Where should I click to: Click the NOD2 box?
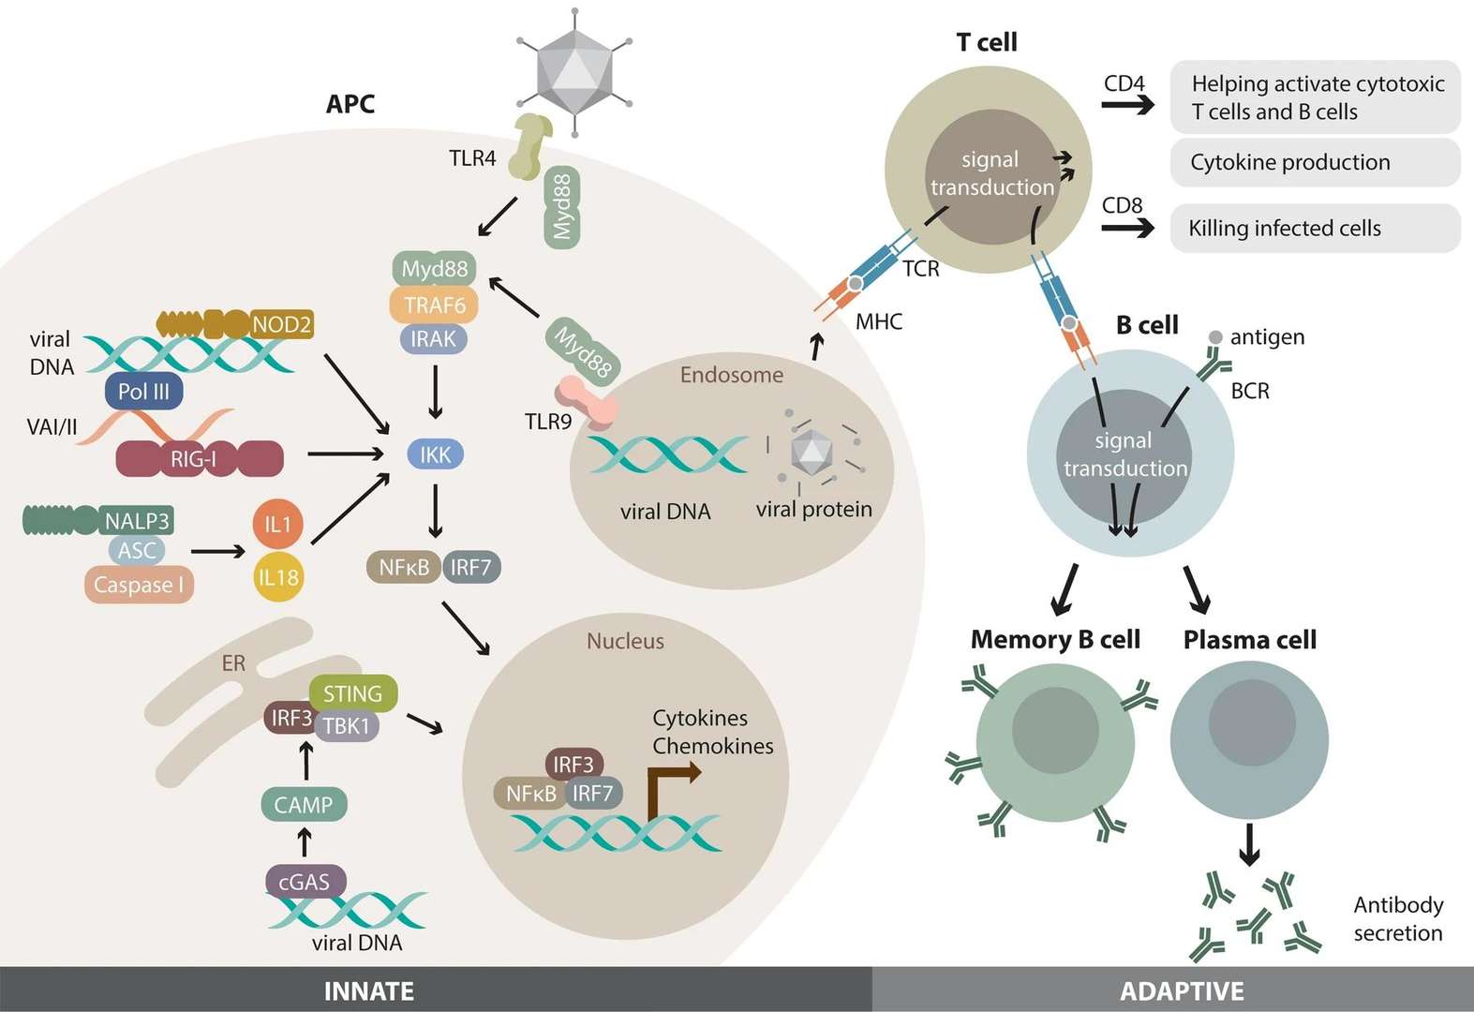click(281, 324)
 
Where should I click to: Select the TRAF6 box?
click(434, 305)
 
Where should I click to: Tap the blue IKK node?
click(435, 455)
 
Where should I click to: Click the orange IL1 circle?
click(278, 524)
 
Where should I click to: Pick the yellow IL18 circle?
click(278, 577)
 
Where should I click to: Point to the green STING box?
click(352, 693)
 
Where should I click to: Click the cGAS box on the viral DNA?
click(305, 882)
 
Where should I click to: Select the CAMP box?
click(303, 804)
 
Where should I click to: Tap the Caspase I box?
click(139, 585)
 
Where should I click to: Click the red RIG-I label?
click(194, 459)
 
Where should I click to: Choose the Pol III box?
click(143, 391)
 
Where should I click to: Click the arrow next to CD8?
click(1127, 228)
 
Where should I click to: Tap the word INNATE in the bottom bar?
click(368, 990)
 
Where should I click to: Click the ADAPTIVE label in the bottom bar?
click(1182, 990)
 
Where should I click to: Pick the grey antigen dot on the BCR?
click(1215, 337)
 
